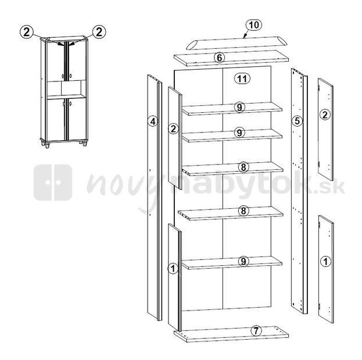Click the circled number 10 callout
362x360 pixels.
254,25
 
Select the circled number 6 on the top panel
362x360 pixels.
219,58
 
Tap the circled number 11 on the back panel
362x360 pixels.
242,79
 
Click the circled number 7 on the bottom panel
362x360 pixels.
256,331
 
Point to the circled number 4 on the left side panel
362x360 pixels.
153,122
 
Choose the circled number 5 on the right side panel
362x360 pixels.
297,121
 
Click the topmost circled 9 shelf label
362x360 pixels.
239,107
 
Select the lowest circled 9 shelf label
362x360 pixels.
243,261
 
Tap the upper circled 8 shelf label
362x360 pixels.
243,167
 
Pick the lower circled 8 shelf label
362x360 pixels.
243,211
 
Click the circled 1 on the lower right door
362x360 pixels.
326,262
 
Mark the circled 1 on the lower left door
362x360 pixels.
173,269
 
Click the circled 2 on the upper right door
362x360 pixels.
325,115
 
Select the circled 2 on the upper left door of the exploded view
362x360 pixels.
173,129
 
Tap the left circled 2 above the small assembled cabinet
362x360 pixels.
27,32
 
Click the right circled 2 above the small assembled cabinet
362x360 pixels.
99,32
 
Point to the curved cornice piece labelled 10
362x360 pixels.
236,43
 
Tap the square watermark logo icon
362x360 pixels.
53,183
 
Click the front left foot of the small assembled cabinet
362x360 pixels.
47,145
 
